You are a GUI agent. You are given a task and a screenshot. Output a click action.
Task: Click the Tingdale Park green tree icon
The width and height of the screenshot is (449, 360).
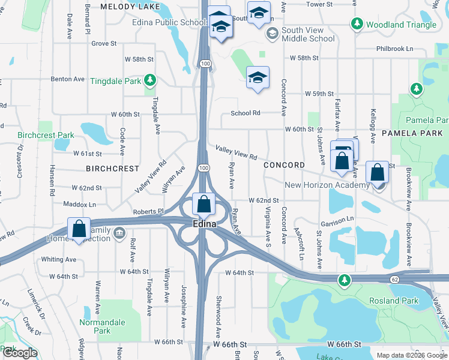[x=150, y=80]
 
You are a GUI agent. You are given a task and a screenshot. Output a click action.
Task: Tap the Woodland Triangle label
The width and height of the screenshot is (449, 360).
[x=401, y=25]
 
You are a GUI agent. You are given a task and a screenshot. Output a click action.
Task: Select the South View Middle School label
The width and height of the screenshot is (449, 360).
[x=308, y=34]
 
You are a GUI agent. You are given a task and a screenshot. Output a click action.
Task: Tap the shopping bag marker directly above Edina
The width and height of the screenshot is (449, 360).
[x=204, y=204]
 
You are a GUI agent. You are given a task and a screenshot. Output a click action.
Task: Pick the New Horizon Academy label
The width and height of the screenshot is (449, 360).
[x=327, y=185]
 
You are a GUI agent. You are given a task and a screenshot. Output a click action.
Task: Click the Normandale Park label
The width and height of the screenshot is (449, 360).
[x=103, y=326]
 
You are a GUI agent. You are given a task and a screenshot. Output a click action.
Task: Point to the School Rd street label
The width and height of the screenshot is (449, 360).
[x=246, y=113]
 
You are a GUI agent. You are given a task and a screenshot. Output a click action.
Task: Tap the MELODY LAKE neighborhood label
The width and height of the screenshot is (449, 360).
[x=130, y=7]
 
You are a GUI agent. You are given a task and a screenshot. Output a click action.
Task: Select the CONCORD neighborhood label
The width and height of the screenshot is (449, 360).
[x=284, y=165]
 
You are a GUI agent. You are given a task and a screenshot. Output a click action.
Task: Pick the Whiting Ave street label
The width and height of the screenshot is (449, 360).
[x=59, y=259]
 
